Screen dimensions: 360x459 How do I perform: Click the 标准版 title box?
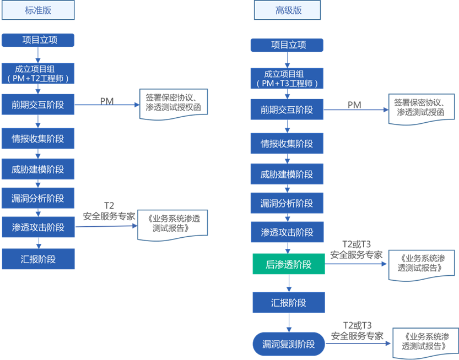[37, 10]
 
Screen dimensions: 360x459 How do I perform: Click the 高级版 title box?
[287, 10]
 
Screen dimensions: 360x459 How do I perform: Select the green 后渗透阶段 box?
[288, 264]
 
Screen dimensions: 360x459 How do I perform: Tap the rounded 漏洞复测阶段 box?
[288, 344]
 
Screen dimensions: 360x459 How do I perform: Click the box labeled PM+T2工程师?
[37, 74]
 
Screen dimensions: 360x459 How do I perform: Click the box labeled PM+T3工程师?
[287, 79]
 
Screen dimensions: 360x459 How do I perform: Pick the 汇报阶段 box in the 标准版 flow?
[37, 259]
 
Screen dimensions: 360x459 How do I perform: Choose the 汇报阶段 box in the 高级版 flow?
[288, 303]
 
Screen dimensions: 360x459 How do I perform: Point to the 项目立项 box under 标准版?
[37, 40]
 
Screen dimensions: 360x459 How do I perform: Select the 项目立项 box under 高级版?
[287, 45]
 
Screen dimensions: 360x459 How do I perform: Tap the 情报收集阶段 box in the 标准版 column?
[37, 139]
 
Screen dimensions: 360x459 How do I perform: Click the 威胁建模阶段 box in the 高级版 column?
[287, 174]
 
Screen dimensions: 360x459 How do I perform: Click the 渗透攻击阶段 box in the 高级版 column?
[287, 232]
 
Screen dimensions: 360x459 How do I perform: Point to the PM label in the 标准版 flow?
[107, 102]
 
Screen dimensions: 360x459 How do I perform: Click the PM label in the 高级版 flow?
[354, 105]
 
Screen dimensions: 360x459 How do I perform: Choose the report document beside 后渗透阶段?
[419, 264]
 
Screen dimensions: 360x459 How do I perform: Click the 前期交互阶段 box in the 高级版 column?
[287, 110]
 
